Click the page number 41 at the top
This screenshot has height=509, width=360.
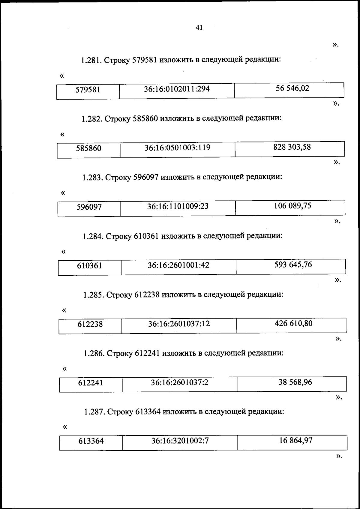pos(199,28)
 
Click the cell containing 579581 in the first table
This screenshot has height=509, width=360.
pos(88,90)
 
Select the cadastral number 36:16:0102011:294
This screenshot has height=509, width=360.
pos(177,89)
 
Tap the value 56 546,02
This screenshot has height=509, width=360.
pos(292,88)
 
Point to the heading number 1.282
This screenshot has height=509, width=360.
pos(92,119)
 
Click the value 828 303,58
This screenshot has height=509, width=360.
pos(292,147)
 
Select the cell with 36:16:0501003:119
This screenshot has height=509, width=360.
pos(177,148)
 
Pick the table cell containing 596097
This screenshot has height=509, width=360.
pos(89,207)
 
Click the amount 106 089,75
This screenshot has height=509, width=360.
pos(292,206)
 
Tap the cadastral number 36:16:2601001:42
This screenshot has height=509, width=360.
pos(178,265)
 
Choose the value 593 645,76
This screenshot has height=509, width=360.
pos(293,265)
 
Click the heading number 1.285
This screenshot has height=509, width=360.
pos(94,295)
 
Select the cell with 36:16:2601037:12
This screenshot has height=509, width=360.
pos(179,324)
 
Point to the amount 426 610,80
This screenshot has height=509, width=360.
pos(293,323)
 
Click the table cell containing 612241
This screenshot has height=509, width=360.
pos(91,383)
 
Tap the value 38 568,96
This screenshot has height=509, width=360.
pos(295,382)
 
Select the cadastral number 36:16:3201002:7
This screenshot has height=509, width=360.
pos(180,441)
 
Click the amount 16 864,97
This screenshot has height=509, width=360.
pos(295,441)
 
